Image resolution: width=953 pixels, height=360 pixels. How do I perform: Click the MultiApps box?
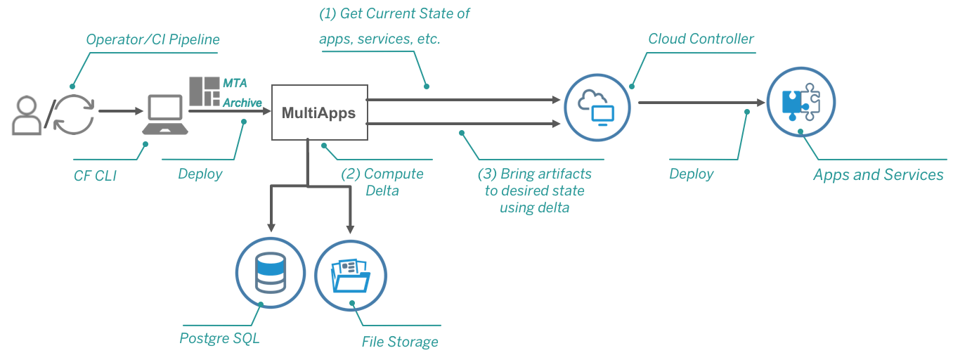coord(320,112)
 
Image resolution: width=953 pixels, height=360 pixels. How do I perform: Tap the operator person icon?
coord(27,115)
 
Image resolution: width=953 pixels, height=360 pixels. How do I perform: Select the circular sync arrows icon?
coord(74,115)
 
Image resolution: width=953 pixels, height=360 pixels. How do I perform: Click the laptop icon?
coord(165,115)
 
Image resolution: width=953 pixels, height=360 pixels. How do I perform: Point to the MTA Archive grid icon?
coord(205,91)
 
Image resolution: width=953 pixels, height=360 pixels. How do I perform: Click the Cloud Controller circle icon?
coord(597,108)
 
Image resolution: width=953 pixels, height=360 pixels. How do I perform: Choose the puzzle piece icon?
coord(800,102)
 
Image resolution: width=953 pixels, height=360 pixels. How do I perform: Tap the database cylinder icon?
coord(271,273)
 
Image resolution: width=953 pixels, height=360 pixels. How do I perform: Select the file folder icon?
coord(351,276)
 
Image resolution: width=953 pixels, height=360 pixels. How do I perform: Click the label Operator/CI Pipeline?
coord(153,39)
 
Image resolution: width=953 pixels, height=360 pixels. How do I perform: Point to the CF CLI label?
coord(95,176)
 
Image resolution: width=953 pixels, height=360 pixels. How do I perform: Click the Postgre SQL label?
coord(219,338)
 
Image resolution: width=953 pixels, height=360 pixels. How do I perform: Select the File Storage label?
coord(400,342)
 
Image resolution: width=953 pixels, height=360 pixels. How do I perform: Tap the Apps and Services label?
coord(878,175)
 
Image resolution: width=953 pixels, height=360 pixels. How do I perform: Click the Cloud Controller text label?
coord(701,39)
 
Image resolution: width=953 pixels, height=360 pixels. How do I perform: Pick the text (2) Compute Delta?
coord(382,181)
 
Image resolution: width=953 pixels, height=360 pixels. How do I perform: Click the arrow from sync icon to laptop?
coord(121,111)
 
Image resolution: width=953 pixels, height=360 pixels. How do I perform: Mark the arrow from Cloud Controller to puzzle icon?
coord(701,103)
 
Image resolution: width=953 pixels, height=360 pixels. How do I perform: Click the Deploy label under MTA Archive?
coord(200,174)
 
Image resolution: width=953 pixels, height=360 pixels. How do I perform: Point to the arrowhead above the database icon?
coord(271,228)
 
